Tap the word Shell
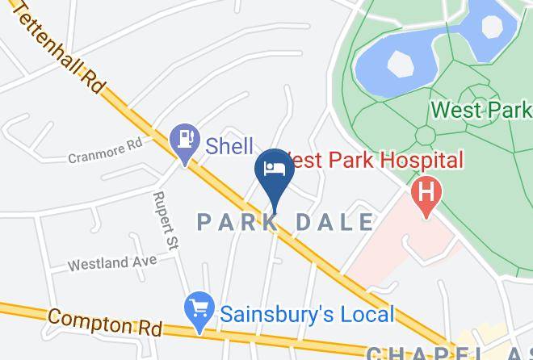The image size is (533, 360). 229,146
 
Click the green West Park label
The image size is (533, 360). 481,109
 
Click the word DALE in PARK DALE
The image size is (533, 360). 336,222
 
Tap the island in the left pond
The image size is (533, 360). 398,63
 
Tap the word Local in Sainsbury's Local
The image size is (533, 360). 362,314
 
